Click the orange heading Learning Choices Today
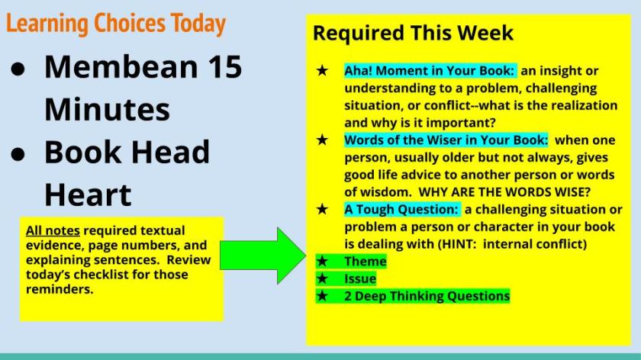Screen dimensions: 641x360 116,24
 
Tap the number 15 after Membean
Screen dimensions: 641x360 224,66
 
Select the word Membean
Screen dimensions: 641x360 121,66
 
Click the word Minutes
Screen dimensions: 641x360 107,110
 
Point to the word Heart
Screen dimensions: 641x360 88,194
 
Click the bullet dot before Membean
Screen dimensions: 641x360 18,69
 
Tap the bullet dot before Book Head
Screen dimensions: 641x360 18,155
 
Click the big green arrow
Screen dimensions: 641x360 263,256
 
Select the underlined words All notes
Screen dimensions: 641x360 53,230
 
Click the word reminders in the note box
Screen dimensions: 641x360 60,289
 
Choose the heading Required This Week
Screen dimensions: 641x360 413,33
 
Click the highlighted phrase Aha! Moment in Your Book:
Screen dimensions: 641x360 429,71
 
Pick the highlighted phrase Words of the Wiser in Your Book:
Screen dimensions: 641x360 446,140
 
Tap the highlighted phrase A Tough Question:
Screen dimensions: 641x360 401,209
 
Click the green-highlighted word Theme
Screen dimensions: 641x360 365,261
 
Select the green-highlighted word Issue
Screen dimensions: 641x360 359,278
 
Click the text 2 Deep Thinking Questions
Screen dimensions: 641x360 427,296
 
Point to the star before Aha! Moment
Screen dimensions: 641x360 322,71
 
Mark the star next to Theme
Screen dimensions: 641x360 322,261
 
